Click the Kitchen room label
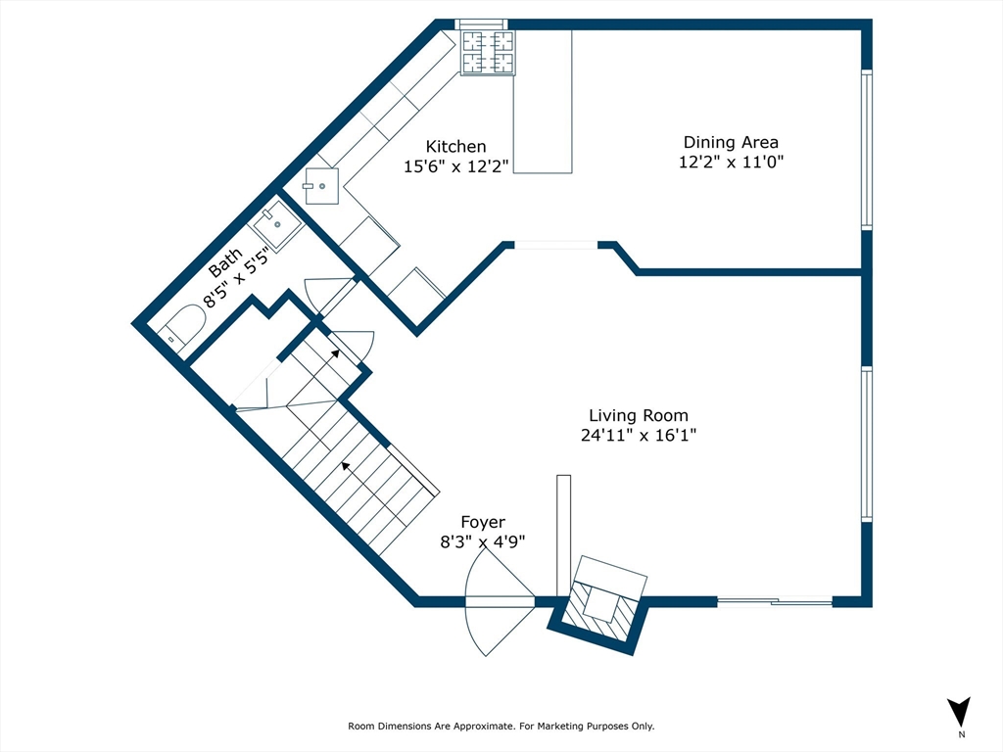(x=455, y=147)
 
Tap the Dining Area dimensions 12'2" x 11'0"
(x=732, y=163)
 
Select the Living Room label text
(x=638, y=415)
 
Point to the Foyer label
(x=483, y=523)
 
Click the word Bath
(x=225, y=261)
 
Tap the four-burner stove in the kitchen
(x=488, y=52)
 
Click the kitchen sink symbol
(x=321, y=186)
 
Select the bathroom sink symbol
(x=277, y=225)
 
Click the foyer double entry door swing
(x=499, y=600)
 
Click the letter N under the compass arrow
(x=961, y=734)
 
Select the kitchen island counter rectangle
(x=543, y=101)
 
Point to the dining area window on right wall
(x=866, y=149)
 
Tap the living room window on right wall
(x=866, y=443)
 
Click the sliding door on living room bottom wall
(x=775, y=602)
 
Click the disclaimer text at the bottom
(x=501, y=727)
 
